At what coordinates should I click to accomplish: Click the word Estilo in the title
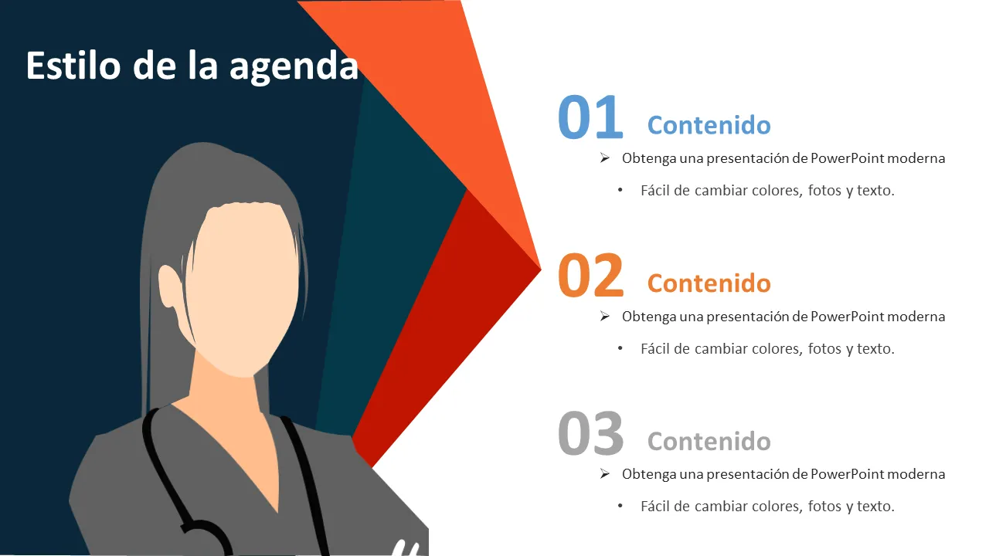click(x=73, y=66)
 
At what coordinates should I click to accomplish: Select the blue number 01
click(x=590, y=117)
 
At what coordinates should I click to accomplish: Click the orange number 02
click(x=590, y=274)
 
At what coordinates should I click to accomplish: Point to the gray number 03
click(x=591, y=432)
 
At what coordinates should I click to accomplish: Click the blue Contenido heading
click(x=709, y=125)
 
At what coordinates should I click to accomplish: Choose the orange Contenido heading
click(x=709, y=283)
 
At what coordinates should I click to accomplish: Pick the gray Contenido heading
click(x=709, y=441)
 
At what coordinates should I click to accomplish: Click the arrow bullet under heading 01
click(x=605, y=158)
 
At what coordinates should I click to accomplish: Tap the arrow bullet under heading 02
click(x=605, y=316)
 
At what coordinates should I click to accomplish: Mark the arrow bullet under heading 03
click(x=605, y=473)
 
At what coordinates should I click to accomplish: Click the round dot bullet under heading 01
click(x=620, y=190)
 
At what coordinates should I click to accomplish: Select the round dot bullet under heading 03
click(x=620, y=506)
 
